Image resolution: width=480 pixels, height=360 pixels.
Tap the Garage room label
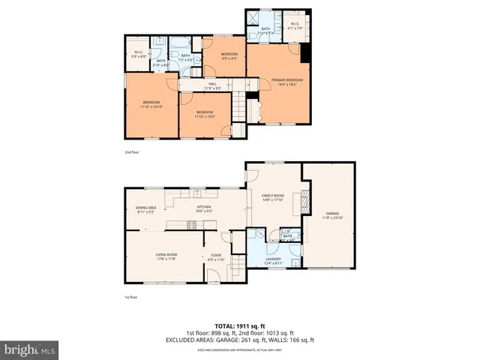click(333, 214)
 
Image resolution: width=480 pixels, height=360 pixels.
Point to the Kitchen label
click(204, 207)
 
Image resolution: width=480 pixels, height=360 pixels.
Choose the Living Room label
click(166, 255)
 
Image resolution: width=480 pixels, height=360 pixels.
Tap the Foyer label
click(216, 255)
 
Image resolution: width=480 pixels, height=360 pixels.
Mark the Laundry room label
click(274, 259)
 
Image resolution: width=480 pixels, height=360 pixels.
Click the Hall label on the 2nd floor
click(212, 84)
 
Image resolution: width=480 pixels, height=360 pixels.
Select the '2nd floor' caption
click(132, 152)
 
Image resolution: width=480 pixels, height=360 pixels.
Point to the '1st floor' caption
click(131, 297)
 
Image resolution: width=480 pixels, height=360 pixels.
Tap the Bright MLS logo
click(29, 349)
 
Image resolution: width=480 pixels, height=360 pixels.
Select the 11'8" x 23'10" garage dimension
click(333, 218)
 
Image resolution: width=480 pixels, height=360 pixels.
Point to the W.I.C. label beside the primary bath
click(295, 23)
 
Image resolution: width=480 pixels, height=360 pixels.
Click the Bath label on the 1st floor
click(287, 236)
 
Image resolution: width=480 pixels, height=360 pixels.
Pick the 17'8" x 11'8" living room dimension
click(166, 259)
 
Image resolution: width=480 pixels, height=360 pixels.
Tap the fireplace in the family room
click(304, 201)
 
